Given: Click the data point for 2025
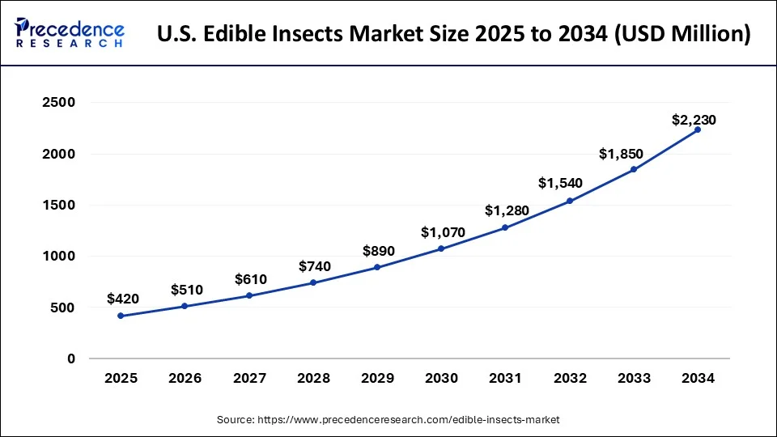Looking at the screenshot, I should (x=121, y=316).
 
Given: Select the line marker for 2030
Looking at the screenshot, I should (x=441, y=248).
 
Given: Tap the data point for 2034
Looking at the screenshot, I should (x=698, y=129).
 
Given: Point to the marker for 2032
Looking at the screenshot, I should (x=570, y=201).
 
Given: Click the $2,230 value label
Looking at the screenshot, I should (x=694, y=120).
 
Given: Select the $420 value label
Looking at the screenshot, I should (x=122, y=299).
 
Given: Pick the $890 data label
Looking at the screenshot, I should (x=378, y=250).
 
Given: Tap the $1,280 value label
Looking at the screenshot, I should (x=507, y=210).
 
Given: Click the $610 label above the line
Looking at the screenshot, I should (x=250, y=279).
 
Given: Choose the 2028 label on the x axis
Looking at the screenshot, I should (x=313, y=378).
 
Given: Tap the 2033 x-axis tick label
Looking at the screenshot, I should (x=634, y=378).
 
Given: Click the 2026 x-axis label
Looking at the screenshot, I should (x=185, y=378).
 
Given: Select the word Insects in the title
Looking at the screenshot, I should (x=331, y=35).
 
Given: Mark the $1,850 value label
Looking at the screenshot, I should (x=624, y=153).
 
